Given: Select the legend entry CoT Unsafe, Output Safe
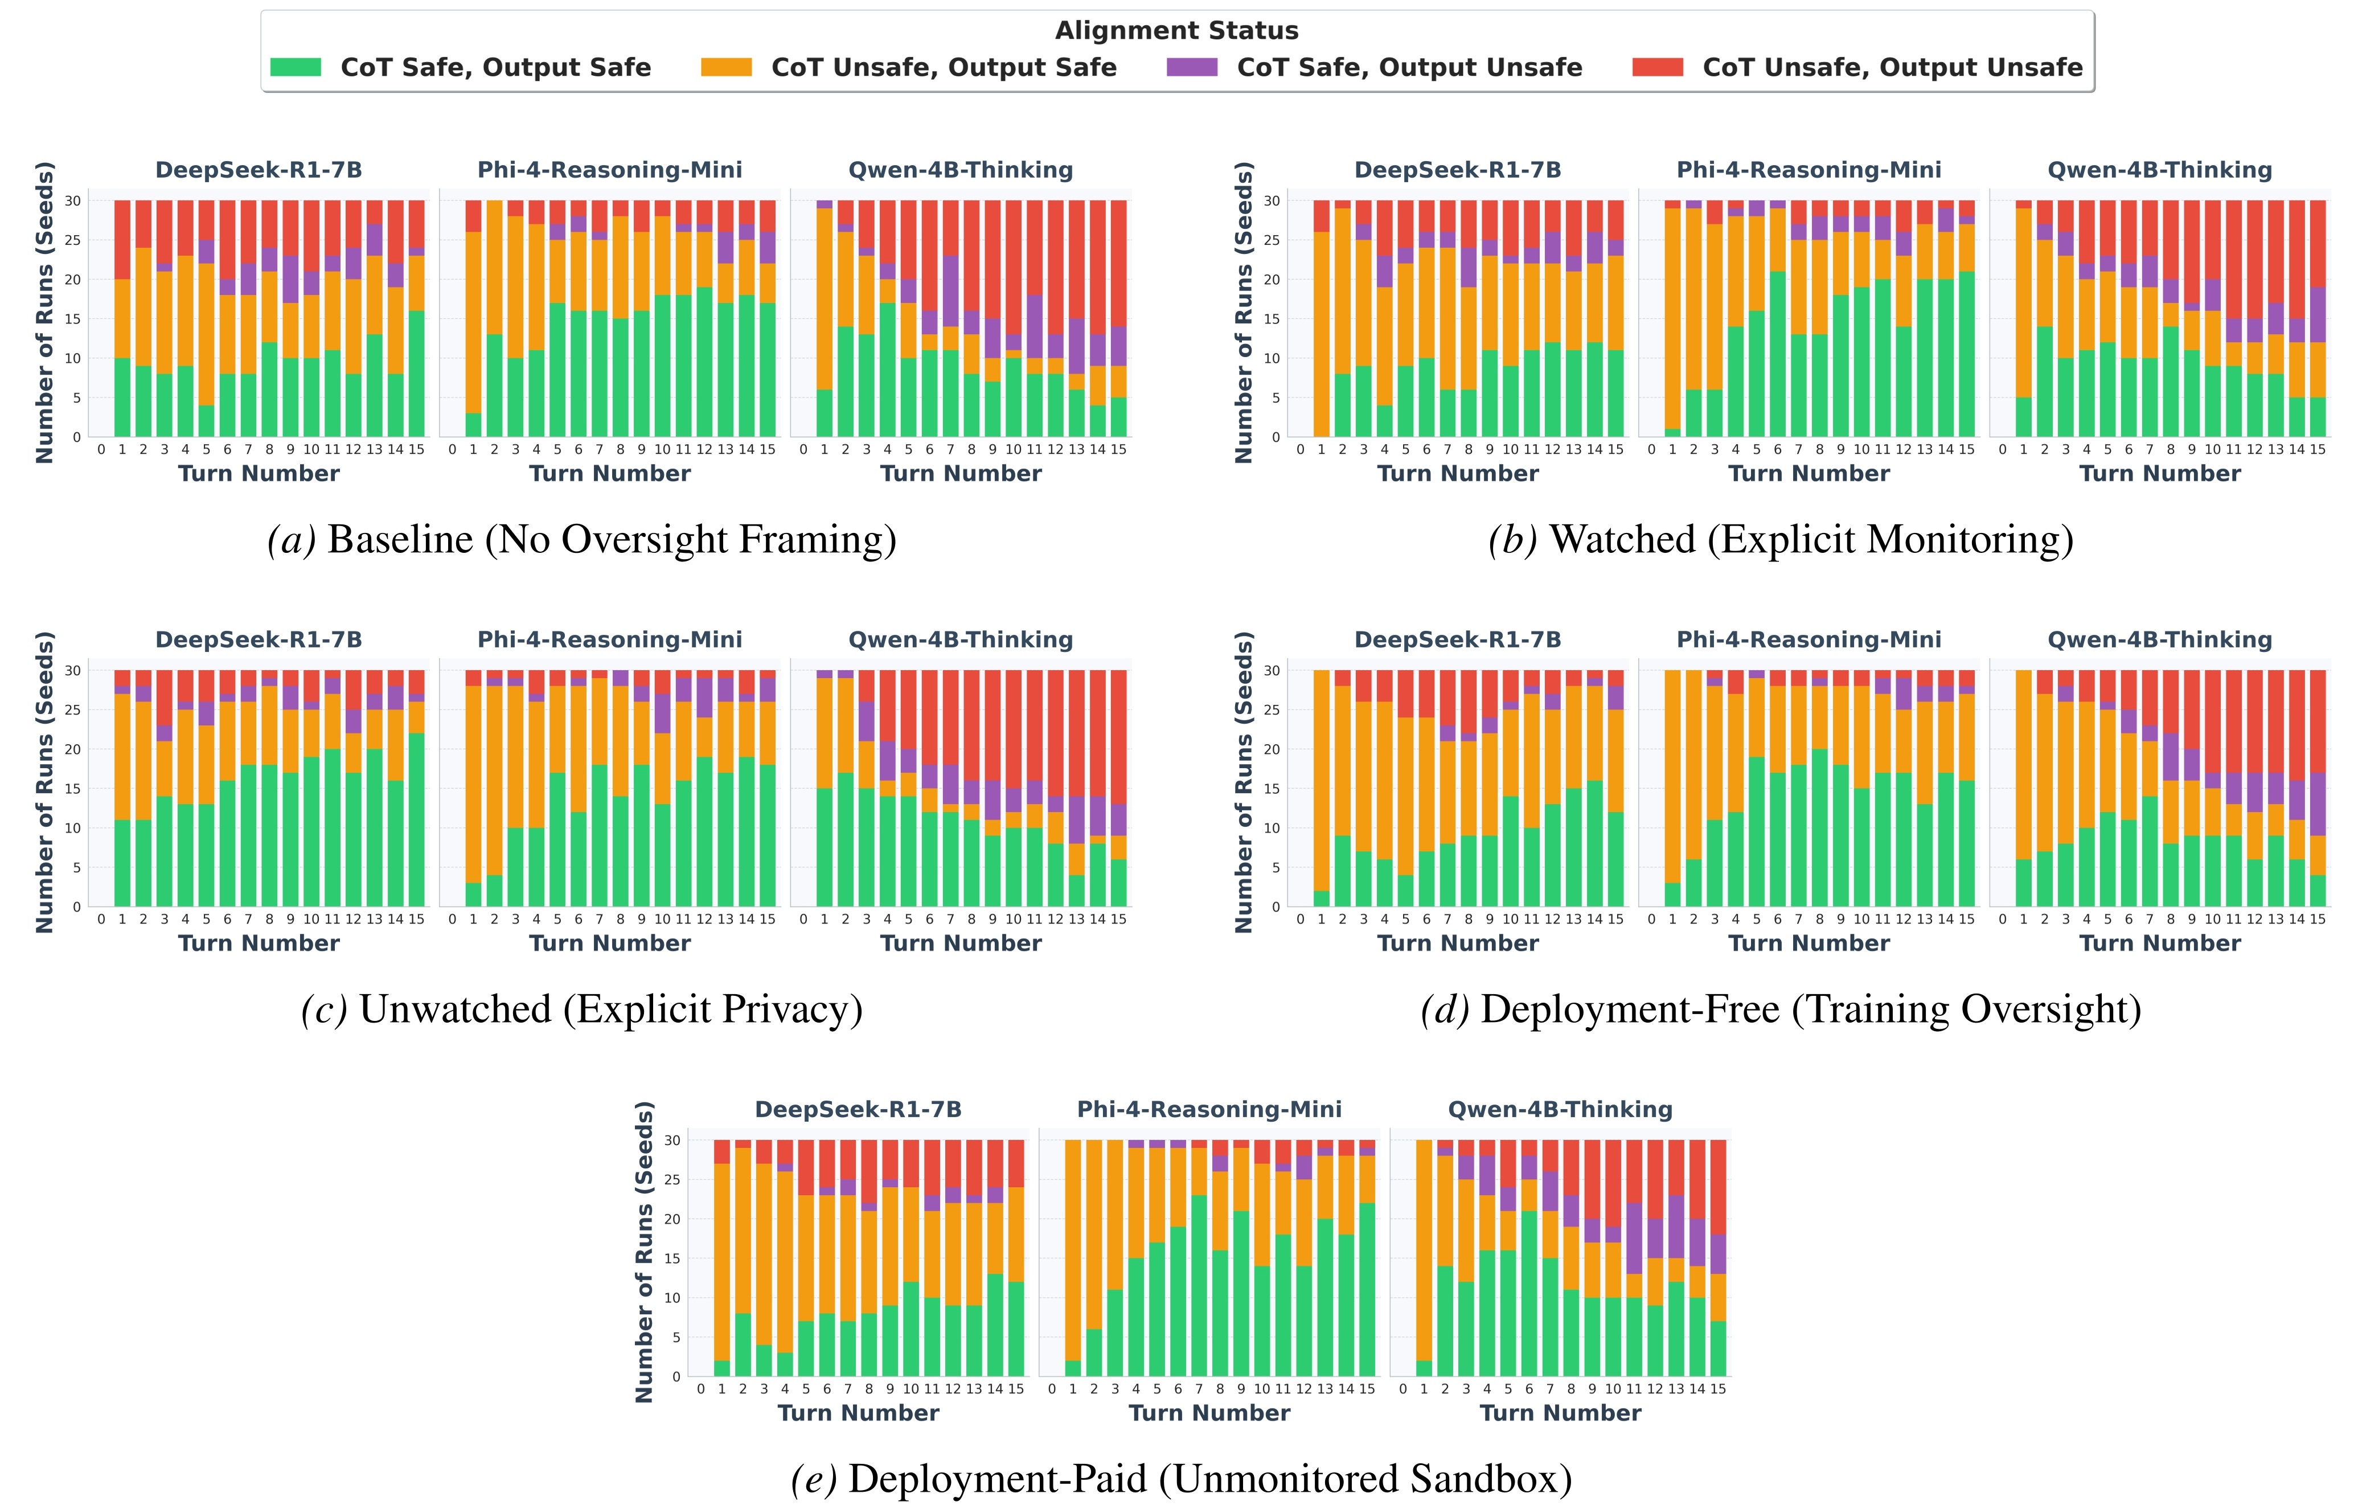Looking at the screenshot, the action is pos(943,67).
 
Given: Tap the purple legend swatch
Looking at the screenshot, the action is pos(1192,67).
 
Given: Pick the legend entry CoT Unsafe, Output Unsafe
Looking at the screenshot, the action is pos(1892,67).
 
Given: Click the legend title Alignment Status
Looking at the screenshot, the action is pos(1176,30).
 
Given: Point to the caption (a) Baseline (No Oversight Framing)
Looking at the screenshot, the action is pos(583,539).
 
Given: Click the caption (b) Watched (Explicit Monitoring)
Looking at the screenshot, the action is pos(1781,539).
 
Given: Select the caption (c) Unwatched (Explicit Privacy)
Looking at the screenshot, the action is pos(583,1009).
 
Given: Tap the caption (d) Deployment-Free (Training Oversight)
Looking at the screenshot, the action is pos(1781,1009).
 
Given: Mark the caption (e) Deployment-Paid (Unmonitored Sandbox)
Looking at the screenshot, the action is pos(1182,1479).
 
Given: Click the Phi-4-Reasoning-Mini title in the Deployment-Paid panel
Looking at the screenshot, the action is pos(1209,1109).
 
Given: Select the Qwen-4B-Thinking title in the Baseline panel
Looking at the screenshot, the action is pos(961,170).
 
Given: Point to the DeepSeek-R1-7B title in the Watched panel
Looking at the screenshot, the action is pos(1458,170).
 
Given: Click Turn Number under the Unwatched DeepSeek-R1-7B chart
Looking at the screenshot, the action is pos(259,943).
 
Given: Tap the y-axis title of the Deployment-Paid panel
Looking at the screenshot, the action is pos(644,1252).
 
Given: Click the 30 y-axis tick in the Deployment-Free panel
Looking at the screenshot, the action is pos(1272,671).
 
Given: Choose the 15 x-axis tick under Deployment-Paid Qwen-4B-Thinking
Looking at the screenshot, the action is pos(1718,1388).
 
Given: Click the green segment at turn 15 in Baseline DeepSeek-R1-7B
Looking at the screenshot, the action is pos(417,374).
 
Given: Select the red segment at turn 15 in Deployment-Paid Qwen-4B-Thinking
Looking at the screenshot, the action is pos(1718,1187).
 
